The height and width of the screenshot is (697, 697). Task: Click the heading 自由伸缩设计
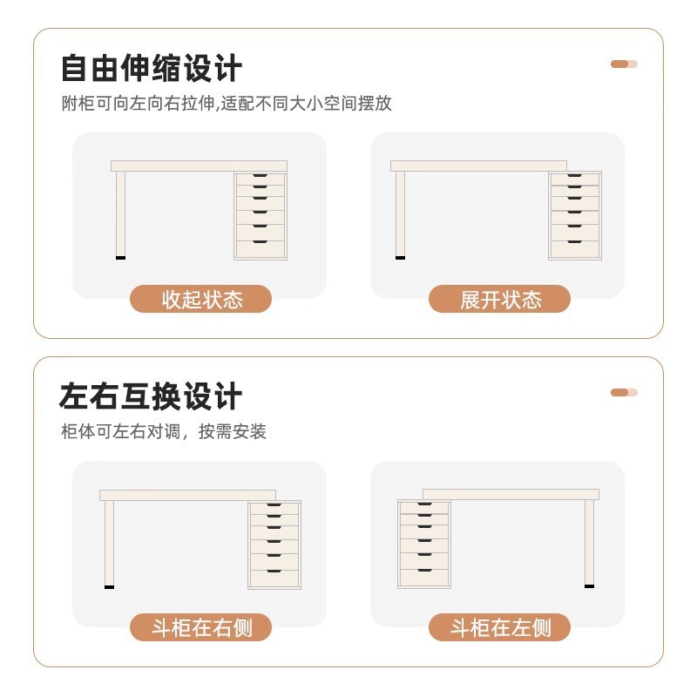151,68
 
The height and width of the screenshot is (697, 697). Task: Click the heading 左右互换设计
151,396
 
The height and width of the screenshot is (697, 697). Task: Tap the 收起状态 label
201,299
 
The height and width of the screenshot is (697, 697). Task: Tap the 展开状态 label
499,299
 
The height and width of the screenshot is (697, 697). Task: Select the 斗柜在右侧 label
201,627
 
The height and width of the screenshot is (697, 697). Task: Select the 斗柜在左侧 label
499,627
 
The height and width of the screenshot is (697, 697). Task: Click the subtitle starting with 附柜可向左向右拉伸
227,104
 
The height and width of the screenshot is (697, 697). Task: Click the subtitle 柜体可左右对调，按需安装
164,431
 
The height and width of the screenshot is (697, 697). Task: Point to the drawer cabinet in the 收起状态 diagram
261,215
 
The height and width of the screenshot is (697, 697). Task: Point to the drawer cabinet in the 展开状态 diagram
575,215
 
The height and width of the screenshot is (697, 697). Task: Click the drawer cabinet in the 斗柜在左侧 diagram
424,545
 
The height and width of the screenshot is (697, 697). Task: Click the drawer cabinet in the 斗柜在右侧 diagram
274,545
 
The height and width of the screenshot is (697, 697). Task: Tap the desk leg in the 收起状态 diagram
120,213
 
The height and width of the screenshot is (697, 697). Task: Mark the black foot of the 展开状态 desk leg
400,258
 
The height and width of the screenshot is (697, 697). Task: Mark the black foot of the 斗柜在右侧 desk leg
109,586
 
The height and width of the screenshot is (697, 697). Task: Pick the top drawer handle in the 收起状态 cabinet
261,179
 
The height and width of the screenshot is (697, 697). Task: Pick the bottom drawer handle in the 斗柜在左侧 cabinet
424,573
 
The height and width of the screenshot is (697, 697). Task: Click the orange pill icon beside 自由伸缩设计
624,64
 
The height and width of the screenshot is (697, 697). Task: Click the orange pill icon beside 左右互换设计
624,392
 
